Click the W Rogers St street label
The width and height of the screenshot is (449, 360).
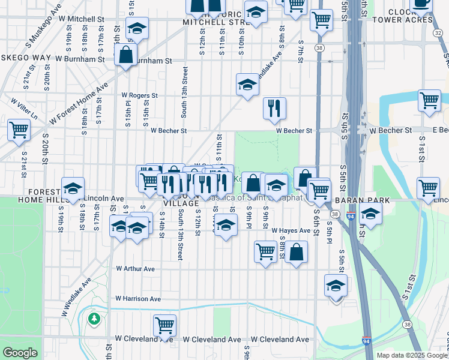[139, 95]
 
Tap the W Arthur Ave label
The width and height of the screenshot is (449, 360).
[136, 269]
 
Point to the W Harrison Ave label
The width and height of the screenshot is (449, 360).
[139, 298]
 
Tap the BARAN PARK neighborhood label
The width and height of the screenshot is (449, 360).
[363, 200]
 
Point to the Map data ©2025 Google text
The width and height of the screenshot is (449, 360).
[412, 355]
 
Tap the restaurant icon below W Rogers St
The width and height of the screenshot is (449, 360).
[274, 108]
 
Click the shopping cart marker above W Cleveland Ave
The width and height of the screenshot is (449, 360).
[164, 325]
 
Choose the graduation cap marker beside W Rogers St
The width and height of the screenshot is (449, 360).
[247, 85]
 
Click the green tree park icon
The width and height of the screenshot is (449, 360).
[93, 317]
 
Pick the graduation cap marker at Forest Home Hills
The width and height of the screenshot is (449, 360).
[73, 188]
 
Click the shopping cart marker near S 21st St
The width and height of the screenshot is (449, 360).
[19, 129]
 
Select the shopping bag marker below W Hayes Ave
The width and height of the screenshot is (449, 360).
[297, 252]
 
